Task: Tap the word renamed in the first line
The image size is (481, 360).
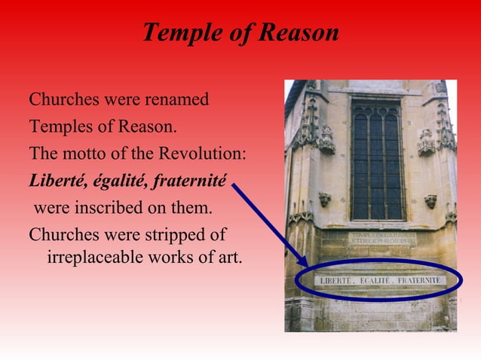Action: tap(176, 99)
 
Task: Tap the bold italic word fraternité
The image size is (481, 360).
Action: tap(189, 181)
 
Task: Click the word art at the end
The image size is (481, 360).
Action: tap(228, 257)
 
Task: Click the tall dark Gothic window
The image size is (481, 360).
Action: tap(377, 158)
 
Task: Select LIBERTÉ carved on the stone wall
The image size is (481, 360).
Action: tap(339, 280)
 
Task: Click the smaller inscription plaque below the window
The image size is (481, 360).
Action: tap(381, 239)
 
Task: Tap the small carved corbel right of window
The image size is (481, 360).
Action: tap(430, 200)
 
